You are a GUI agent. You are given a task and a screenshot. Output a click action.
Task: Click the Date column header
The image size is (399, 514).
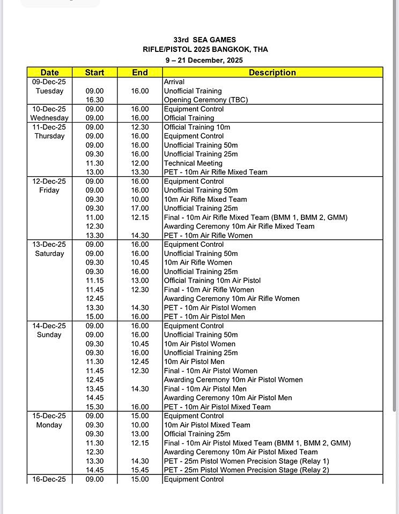(49, 72)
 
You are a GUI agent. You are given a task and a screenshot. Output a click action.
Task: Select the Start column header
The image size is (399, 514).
(95, 72)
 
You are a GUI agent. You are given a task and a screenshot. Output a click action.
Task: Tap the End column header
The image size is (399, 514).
(140, 72)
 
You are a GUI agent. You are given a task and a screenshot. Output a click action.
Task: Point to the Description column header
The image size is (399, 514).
(272, 72)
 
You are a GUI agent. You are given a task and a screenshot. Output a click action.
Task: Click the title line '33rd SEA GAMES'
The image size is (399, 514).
(204, 40)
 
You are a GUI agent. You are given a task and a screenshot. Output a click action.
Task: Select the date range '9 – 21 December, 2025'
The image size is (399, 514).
(205, 60)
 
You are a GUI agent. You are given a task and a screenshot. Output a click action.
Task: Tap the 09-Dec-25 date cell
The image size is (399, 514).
(49, 82)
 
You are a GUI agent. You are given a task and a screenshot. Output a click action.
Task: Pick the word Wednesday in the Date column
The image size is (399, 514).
(49, 118)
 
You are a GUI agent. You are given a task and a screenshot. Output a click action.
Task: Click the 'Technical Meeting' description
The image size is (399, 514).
(193, 163)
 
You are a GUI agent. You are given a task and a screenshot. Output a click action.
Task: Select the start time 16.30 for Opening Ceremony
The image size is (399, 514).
(95, 100)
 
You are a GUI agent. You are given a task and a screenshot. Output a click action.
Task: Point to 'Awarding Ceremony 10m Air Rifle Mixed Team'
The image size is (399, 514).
(239, 226)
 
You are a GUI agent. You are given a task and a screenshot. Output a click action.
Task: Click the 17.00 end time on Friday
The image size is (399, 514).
(140, 208)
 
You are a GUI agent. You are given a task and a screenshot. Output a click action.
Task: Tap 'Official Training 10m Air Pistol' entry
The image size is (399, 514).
(212, 281)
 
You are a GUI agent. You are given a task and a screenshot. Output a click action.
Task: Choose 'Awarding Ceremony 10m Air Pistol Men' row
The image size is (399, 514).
(228, 398)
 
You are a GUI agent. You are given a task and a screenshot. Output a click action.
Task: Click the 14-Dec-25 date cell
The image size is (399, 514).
(49, 326)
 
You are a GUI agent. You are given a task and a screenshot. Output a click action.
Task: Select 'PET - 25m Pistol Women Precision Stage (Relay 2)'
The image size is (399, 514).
(247, 470)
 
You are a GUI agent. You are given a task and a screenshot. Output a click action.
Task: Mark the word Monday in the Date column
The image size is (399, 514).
(49, 425)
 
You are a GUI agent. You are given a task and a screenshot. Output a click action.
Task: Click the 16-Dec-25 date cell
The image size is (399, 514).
(49, 479)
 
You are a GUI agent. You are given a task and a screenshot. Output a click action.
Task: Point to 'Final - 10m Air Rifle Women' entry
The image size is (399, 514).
(209, 290)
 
